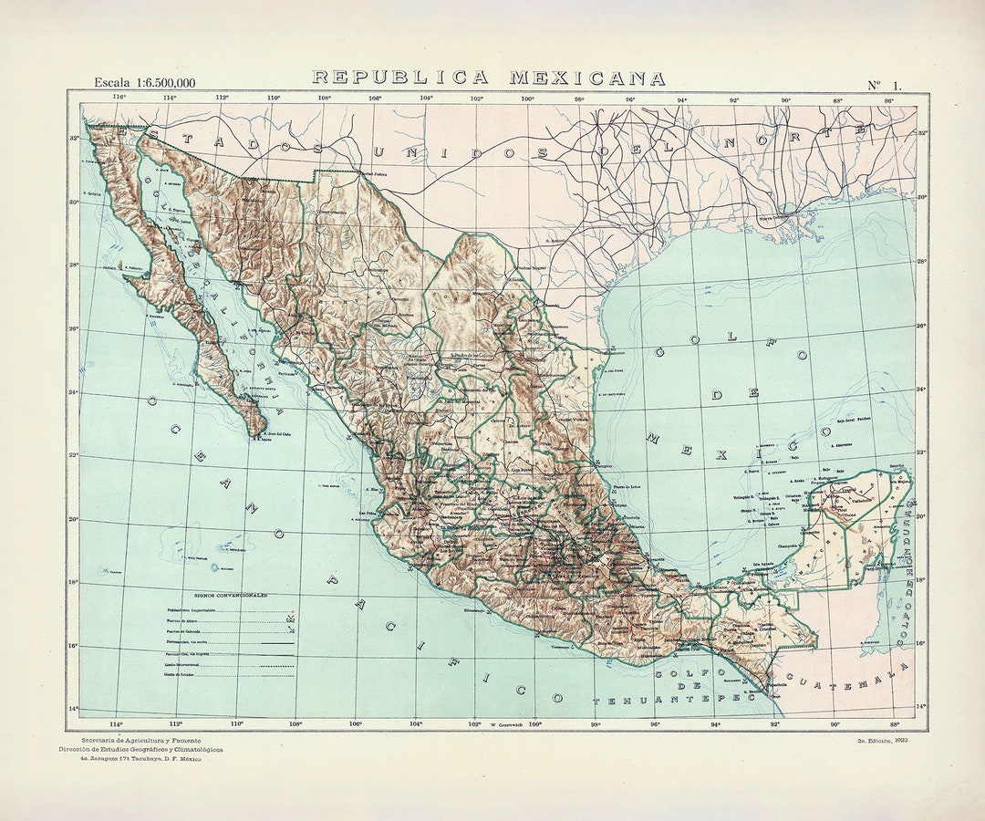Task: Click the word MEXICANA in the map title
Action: (587, 78)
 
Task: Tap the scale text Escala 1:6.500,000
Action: (144, 83)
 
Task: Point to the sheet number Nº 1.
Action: (882, 85)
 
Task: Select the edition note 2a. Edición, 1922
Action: (888, 741)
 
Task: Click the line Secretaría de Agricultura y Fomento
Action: (141, 740)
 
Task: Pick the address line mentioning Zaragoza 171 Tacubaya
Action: (140, 759)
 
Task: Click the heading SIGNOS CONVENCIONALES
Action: (230, 595)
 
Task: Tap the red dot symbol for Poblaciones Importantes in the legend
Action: (292, 610)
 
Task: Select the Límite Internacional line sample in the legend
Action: (274, 665)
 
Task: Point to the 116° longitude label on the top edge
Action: (119, 97)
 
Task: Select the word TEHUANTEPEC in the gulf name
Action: (668, 700)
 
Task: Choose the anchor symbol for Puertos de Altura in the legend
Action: (292, 621)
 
